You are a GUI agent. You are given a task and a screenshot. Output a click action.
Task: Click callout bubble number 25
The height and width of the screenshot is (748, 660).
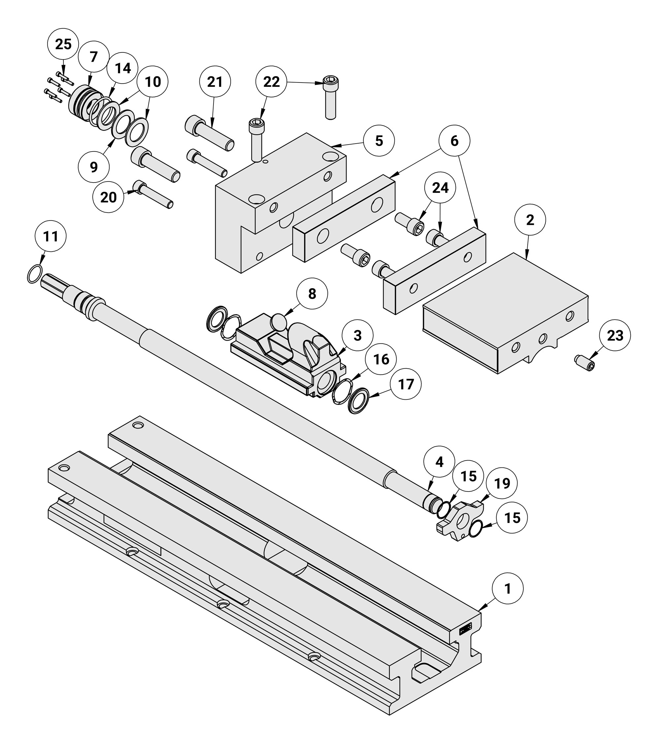click(63, 44)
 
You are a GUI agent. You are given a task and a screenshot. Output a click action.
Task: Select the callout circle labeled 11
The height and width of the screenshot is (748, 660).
click(50, 236)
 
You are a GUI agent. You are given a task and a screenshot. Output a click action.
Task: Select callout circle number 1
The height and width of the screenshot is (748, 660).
click(508, 589)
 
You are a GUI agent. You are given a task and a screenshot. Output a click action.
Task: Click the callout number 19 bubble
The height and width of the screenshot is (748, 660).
click(502, 483)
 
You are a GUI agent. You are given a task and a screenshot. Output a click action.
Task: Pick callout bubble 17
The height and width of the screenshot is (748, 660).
click(406, 384)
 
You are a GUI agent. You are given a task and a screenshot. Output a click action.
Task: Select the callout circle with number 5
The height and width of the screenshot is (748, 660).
click(379, 141)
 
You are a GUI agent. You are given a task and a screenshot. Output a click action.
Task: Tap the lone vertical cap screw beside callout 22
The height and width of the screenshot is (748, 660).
click(330, 97)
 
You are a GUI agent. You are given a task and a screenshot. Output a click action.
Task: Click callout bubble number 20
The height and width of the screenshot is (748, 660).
click(108, 197)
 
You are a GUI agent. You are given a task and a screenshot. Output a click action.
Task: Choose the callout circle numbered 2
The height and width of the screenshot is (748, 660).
click(530, 220)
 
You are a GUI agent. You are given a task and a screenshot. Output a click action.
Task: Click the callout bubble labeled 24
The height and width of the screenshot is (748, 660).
click(440, 188)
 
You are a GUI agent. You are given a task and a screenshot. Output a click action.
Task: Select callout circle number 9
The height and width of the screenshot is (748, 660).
click(94, 167)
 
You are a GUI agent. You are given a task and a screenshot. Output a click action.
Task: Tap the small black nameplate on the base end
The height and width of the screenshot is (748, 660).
click(466, 629)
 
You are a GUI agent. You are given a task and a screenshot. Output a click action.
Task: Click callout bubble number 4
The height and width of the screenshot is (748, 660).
click(439, 462)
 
